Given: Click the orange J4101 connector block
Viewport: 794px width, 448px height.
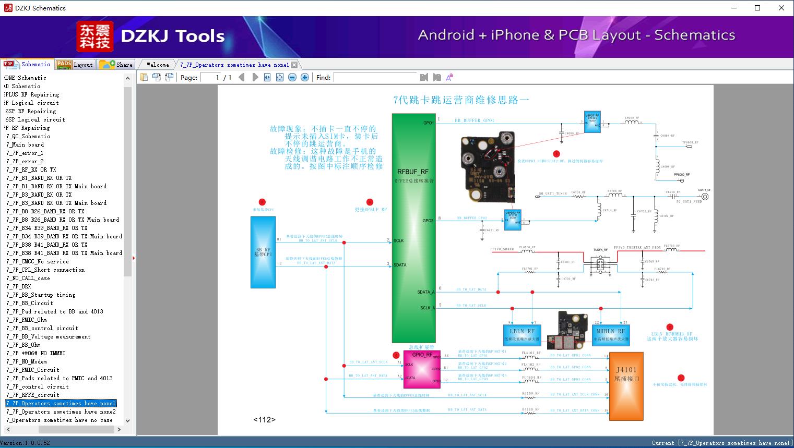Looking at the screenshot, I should [626, 386].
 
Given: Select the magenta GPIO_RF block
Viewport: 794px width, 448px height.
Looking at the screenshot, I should [422, 369].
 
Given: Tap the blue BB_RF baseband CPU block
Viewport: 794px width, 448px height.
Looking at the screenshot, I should [263, 252].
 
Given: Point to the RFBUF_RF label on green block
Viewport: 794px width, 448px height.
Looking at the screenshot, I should [413, 172].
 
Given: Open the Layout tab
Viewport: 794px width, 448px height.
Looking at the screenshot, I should [75, 65].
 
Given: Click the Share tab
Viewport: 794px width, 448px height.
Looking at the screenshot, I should [116, 65].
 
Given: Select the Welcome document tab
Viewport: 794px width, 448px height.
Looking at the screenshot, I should [158, 65].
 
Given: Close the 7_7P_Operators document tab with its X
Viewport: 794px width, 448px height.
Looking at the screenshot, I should [294, 65].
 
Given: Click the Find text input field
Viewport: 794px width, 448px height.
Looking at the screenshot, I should [375, 77].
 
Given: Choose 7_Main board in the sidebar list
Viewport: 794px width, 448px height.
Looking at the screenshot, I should [25, 144].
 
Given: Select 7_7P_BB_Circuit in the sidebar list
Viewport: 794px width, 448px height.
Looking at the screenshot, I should [30, 303].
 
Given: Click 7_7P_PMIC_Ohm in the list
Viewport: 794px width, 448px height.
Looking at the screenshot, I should [27, 320].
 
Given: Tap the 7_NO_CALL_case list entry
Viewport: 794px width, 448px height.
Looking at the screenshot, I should [28, 278].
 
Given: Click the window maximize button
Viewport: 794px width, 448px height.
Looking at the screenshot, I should [757, 8].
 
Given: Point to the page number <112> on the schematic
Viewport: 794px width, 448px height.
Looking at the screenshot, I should [264, 420].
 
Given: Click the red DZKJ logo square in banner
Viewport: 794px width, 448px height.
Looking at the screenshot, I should [95, 37].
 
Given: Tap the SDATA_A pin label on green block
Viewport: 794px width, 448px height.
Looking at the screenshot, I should [426, 292].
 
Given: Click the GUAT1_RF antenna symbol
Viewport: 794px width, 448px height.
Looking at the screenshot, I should [704, 197].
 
